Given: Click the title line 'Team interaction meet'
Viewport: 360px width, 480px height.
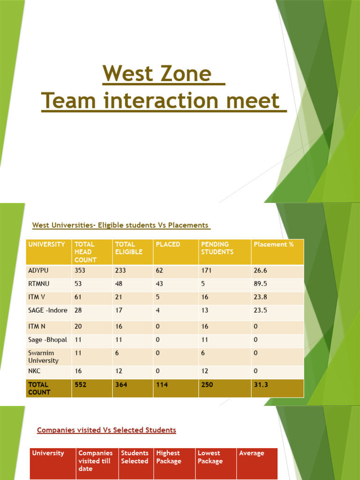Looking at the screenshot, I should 164,100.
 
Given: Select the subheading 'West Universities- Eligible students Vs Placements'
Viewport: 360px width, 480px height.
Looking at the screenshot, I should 121,225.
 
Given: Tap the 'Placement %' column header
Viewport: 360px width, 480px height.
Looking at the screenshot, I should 274,244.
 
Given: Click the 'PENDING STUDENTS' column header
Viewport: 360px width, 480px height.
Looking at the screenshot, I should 215,248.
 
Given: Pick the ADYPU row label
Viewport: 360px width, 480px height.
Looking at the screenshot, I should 38,270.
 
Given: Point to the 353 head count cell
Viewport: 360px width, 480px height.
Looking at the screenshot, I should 80,270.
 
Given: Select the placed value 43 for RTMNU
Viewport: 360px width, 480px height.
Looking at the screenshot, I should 160,284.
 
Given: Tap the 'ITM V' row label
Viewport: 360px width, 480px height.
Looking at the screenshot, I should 38,297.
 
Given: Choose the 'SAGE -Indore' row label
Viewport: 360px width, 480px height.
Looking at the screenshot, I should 47,310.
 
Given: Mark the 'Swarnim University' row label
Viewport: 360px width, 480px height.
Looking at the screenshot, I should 44,357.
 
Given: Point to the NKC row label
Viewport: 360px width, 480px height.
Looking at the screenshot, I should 35,371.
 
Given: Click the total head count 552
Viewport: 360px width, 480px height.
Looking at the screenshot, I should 80,384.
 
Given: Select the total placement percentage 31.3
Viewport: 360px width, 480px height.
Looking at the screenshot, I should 261,384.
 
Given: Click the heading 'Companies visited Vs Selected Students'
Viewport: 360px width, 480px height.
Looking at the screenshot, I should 106,430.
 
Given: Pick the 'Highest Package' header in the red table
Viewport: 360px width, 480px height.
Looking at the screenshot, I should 168,457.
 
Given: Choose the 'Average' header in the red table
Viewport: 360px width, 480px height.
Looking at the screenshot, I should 252,453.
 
